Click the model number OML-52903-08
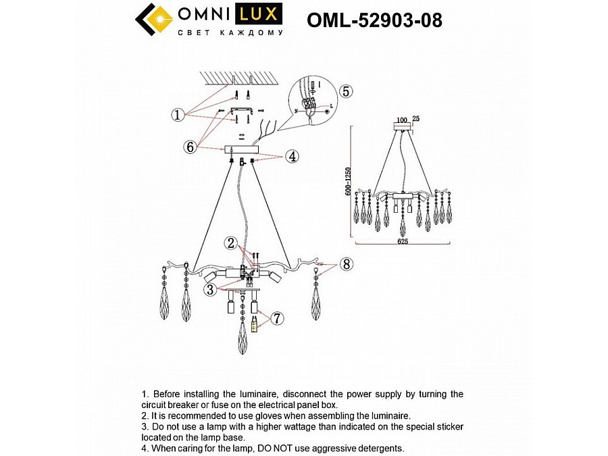pos(374,20)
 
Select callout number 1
pos(177,116)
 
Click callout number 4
pos(292,156)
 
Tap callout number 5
pos(345,92)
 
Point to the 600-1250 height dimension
pos(348,182)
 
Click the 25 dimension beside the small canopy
pos(415,120)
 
